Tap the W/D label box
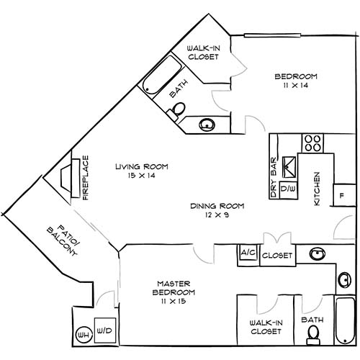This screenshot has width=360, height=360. (x=104, y=331)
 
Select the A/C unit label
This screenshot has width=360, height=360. (x=248, y=254)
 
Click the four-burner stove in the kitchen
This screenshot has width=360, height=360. (x=312, y=142)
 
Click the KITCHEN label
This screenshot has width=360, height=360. (x=317, y=189)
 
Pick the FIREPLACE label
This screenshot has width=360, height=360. (x=85, y=177)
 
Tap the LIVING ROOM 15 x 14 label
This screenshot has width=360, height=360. (x=141, y=171)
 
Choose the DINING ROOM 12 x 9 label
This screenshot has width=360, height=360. (x=217, y=210)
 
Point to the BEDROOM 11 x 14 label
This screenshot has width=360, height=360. (x=296, y=81)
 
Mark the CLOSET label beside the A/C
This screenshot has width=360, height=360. (x=276, y=256)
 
